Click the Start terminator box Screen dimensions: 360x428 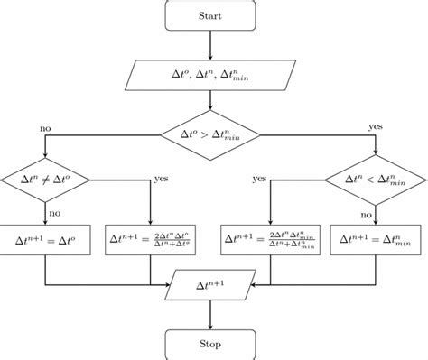(210, 16)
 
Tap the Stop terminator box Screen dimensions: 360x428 (210, 343)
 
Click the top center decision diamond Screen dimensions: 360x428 (210, 134)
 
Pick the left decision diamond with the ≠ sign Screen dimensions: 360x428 (45, 180)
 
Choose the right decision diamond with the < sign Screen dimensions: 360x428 (376, 180)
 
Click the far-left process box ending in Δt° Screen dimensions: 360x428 (45, 239)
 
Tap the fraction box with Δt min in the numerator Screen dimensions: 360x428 (271, 239)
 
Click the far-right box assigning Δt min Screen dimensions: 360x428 (376, 239)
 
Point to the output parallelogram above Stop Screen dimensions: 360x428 (210, 286)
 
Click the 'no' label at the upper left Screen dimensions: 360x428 (45, 127)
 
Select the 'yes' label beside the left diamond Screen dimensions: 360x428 (163, 180)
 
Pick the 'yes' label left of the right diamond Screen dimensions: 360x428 (259, 180)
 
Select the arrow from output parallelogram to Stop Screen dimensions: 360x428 (210, 314)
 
